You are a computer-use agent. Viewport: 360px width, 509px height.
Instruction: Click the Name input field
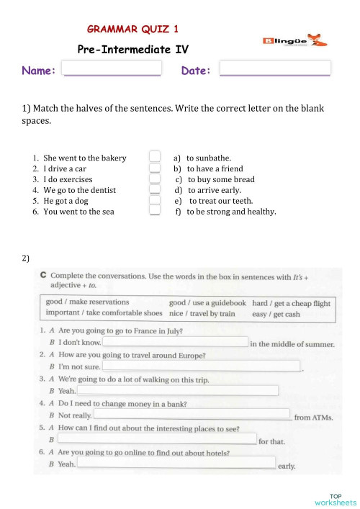click(112, 69)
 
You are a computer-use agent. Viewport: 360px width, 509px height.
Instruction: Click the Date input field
click(274, 69)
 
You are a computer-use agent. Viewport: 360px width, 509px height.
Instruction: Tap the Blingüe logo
click(292, 41)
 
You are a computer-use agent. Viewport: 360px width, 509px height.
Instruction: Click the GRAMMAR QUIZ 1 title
click(133, 30)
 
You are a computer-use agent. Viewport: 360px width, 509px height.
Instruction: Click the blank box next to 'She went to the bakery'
click(154, 157)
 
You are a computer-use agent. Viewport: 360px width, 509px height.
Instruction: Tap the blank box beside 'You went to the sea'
click(154, 211)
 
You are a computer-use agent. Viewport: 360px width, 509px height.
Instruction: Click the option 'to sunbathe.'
click(208, 158)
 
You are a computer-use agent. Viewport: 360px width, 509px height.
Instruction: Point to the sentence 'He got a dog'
click(66, 201)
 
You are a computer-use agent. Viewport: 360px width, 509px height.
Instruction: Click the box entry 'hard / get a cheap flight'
click(291, 303)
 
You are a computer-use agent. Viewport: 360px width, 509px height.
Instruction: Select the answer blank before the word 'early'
click(176, 463)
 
